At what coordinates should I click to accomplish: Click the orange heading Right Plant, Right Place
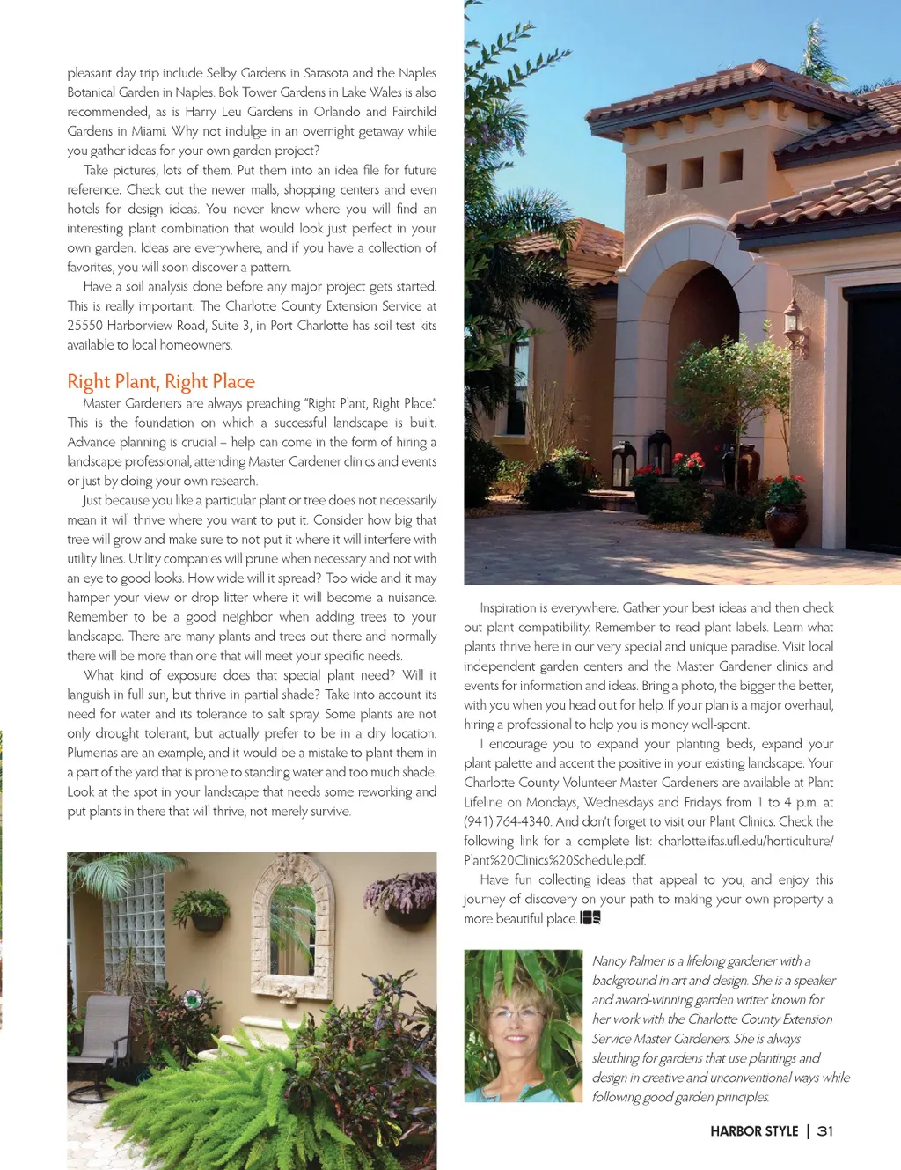[x=161, y=381]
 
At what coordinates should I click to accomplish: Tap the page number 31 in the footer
[x=824, y=1131]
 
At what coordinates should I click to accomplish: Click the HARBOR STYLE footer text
[x=754, y=1131]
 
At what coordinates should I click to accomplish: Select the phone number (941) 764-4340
[x=508, y=821]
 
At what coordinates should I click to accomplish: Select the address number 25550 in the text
[x=85, y=326]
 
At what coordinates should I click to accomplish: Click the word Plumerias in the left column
[x=92, y=753]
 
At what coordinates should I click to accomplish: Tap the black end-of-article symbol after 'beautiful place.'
[x=590, y=918]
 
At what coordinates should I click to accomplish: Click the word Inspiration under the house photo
[x=508, y=607]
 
